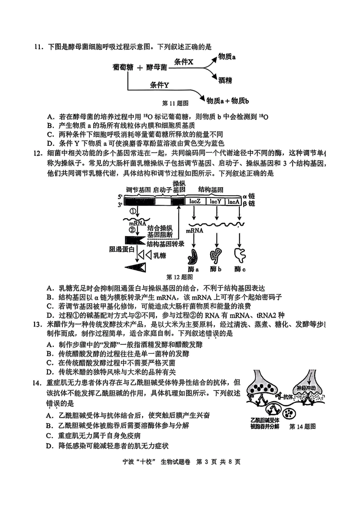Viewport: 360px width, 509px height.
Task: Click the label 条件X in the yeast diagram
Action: pos(184,62)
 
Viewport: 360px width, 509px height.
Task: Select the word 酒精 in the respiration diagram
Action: pos(225,80)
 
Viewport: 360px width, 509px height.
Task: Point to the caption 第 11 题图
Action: pos(175,103)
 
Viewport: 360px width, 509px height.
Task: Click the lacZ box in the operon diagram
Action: pos(195,201)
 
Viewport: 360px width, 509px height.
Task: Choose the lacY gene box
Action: pos(215,201)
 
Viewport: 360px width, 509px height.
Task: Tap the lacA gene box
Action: pos(233,201)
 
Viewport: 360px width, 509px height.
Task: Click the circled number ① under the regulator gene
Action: pos(133,211)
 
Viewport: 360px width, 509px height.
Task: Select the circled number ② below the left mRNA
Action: pos(132,230)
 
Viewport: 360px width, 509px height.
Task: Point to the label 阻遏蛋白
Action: pos(122,249)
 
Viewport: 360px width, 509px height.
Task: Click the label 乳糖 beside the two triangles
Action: pos(160,255)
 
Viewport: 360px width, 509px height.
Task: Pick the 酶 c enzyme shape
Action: pos(240,255)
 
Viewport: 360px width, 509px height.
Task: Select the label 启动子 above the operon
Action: pos(162,190)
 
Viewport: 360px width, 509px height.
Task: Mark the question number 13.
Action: pos(38,325)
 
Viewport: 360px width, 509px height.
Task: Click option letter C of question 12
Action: pos(50,306)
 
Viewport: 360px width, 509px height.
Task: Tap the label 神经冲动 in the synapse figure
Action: pos(306,388)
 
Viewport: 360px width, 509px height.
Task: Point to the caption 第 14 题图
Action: pos(302,426)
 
